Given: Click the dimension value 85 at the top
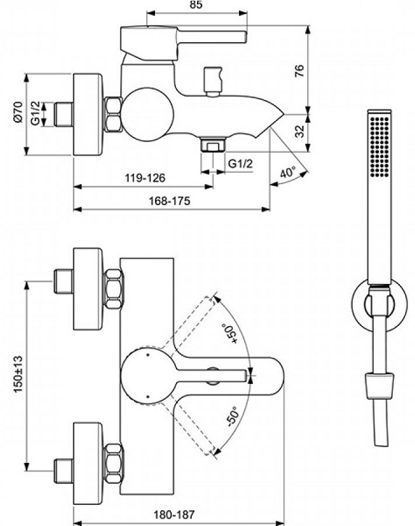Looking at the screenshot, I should point(194,5).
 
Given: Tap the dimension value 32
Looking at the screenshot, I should point(318,130).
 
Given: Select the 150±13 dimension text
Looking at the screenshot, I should point(18,375).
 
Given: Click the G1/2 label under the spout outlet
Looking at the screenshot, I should point(240,163).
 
